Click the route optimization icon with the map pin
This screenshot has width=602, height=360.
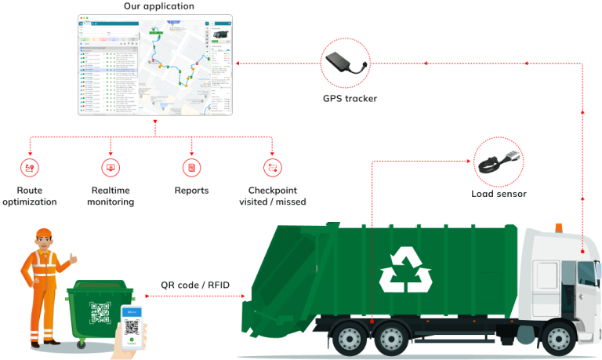point(30,167)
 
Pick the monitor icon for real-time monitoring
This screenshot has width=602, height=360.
point(111,167)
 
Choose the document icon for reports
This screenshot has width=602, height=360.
point(191,167)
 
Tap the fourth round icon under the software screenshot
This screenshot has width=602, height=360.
point(272,167)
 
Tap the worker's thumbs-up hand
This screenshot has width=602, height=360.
point(73,257)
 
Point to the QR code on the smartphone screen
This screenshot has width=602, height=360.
point(131,327)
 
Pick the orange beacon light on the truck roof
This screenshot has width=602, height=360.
point(559,227)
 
